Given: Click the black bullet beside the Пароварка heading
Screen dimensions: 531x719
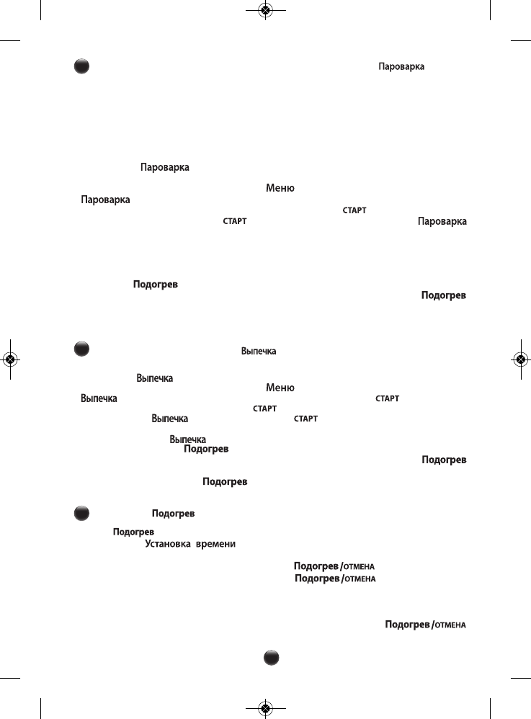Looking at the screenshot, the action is coord(81,66).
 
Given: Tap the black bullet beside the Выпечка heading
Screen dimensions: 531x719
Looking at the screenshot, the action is coord(81,349).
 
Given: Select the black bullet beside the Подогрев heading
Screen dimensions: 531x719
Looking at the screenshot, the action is coord(81,513).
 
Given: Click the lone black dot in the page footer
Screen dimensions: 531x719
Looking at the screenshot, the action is coord(270,657).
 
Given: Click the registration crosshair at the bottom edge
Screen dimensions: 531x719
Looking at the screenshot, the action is coord(266,708).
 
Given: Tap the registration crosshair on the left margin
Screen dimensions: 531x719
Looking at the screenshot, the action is coord(12,358).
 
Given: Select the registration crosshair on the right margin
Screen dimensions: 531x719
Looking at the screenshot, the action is coord(520,358).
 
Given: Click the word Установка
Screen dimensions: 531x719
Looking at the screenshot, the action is coord(165,545).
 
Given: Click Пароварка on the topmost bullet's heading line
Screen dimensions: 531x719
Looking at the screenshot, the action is coord(401,66).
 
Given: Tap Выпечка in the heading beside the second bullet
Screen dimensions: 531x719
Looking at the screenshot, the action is coord(259,351).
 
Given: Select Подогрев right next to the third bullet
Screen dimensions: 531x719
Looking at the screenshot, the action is coord(173,514).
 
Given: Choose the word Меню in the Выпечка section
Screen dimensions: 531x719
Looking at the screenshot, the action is coord(280,388).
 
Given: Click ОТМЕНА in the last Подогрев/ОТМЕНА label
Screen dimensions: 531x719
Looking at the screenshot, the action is coord(450,625).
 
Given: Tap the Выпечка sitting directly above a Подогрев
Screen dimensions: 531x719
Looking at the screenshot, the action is coord(188,439).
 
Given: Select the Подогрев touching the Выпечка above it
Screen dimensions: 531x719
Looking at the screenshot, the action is coord(207,449).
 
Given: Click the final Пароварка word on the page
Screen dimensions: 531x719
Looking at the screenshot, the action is coord(442,221).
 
